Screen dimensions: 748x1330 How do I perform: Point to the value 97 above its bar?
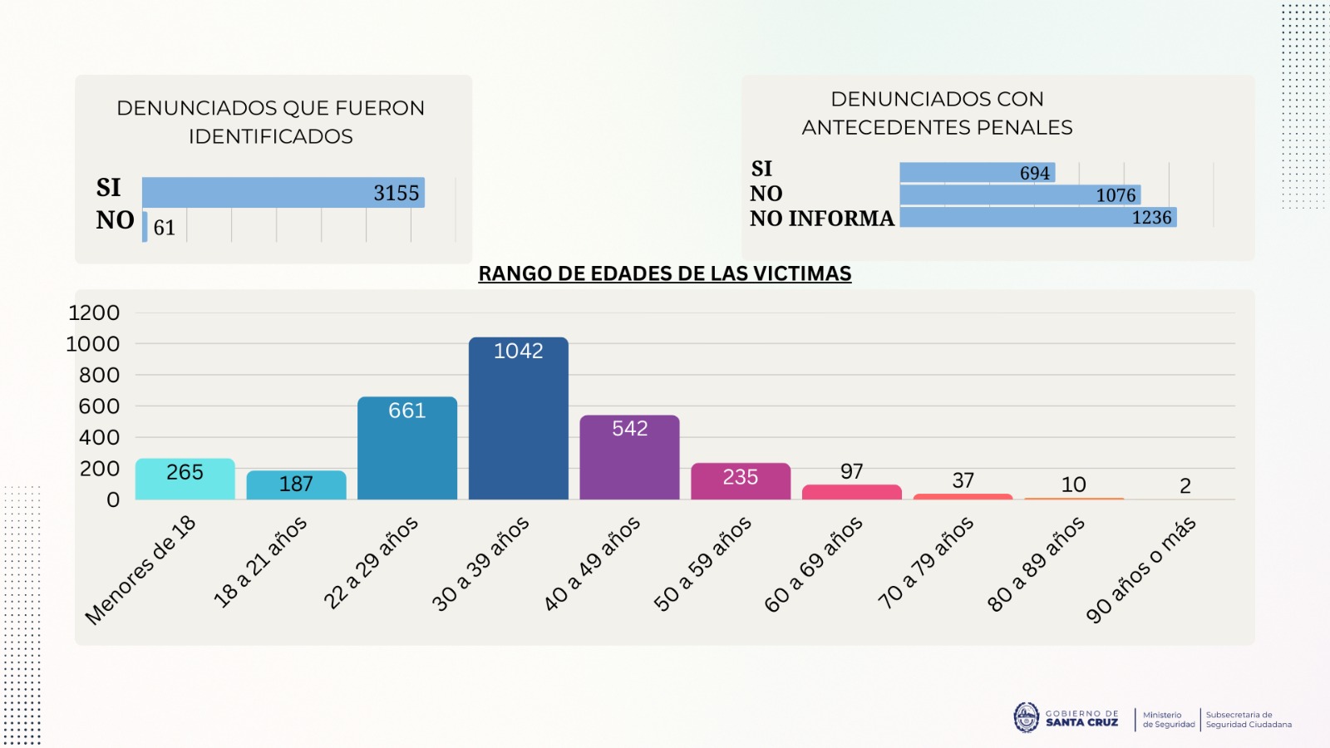(851, 471)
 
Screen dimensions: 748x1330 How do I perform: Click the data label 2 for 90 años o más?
(1185, 485)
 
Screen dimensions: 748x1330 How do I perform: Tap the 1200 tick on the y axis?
(94, 312)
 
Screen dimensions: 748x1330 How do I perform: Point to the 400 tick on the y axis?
(99, 437)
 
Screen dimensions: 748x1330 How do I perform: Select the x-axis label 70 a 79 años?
(925, 562)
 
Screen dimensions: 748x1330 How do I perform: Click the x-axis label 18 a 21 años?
(260, 561)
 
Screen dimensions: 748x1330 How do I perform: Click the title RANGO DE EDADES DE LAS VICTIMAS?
(664, 273)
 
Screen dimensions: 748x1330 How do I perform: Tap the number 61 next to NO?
(165, 228)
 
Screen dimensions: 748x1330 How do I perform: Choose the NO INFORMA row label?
(821, 219)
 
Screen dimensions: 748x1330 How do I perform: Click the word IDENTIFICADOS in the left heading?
(270, 136)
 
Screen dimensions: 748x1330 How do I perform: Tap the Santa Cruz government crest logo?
(1026, 717)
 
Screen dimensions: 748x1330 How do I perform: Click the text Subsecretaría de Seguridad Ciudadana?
(1249, 720)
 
